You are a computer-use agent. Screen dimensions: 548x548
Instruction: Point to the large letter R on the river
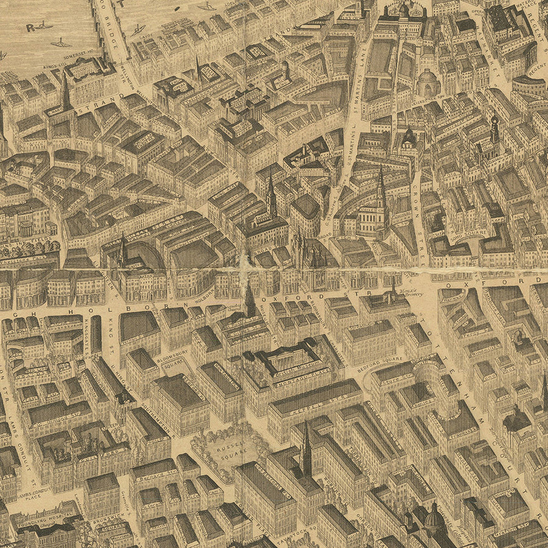point(30,27)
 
